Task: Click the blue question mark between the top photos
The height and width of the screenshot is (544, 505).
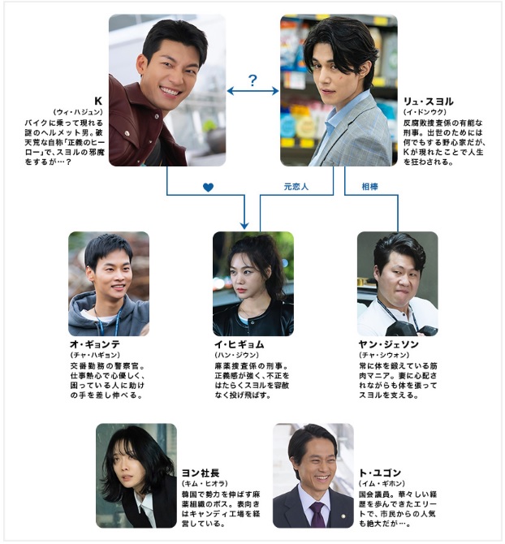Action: pyautogui.click(x=252, y=80)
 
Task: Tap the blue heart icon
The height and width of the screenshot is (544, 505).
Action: pyautogui.click(x=208, y=188)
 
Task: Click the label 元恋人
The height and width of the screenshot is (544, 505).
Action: pyautogui.click(x=296, y=187)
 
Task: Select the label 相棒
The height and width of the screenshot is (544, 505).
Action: pyautogui.click(x=369, y=187)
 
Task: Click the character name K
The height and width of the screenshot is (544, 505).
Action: pyautogui.click(x=98, y=101)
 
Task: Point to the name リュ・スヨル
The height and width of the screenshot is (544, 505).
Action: pyautogui.click(x=429, y=101)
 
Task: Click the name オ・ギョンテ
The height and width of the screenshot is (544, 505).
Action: pyautogui.click(x=95, y=344)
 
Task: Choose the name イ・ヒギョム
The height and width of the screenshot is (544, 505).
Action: pyautogui.click(x=240, y=344)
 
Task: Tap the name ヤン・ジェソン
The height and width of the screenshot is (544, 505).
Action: pyautogui.click(x=388, y=344)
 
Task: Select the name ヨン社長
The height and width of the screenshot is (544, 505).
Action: pyautogui.click(x=201, y=473)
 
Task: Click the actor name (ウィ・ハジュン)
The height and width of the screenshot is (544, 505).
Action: pyautogui.click(x=78, y=112)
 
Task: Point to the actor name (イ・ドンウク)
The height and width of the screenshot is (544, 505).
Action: pyautogui.click(x=425, y=112)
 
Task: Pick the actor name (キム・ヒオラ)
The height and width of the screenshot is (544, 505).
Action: pyautogui.click(x=205, y=483)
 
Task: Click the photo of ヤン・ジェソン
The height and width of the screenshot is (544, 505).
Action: pyautogui.click(x=398, y=284)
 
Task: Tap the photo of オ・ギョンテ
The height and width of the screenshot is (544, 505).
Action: pyautogui.click(x=109, y=284)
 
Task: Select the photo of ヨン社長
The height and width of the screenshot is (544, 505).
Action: pyautogui.click(x=136, y=476)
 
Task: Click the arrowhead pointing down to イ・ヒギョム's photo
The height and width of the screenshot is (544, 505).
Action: pyautogui.click(x=244, y=225)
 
